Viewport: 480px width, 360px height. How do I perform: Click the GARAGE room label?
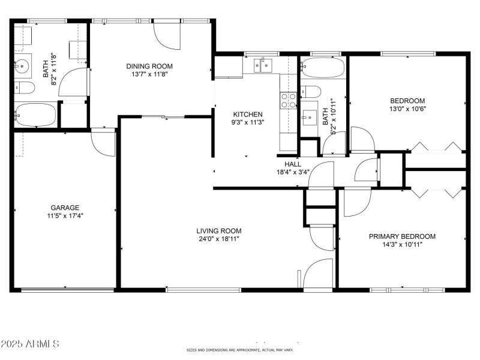point(65,208)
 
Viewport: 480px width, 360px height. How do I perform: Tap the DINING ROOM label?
point(149,67)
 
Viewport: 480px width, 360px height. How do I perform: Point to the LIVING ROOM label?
point(219,231)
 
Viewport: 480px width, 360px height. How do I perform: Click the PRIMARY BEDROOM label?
point(402,236)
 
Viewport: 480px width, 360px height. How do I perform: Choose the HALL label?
point(293,164)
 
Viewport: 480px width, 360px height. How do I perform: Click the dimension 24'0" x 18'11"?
point(219,239)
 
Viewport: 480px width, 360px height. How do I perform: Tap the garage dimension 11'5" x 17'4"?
point(65,215)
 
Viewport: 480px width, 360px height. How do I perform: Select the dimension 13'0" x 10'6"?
point(407,109)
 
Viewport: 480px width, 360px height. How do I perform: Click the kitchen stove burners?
point(289,100)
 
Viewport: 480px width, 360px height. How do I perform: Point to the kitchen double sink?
point(262,65)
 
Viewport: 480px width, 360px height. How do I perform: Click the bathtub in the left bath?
point(35,114)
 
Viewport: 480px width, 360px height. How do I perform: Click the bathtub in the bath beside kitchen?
point(323,69)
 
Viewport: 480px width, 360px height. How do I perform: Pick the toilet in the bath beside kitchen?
point(310,91)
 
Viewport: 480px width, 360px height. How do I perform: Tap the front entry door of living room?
point(318,274)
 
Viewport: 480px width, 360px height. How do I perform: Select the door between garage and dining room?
point(103,142)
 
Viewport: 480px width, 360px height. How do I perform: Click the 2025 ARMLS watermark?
point(30,344)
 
